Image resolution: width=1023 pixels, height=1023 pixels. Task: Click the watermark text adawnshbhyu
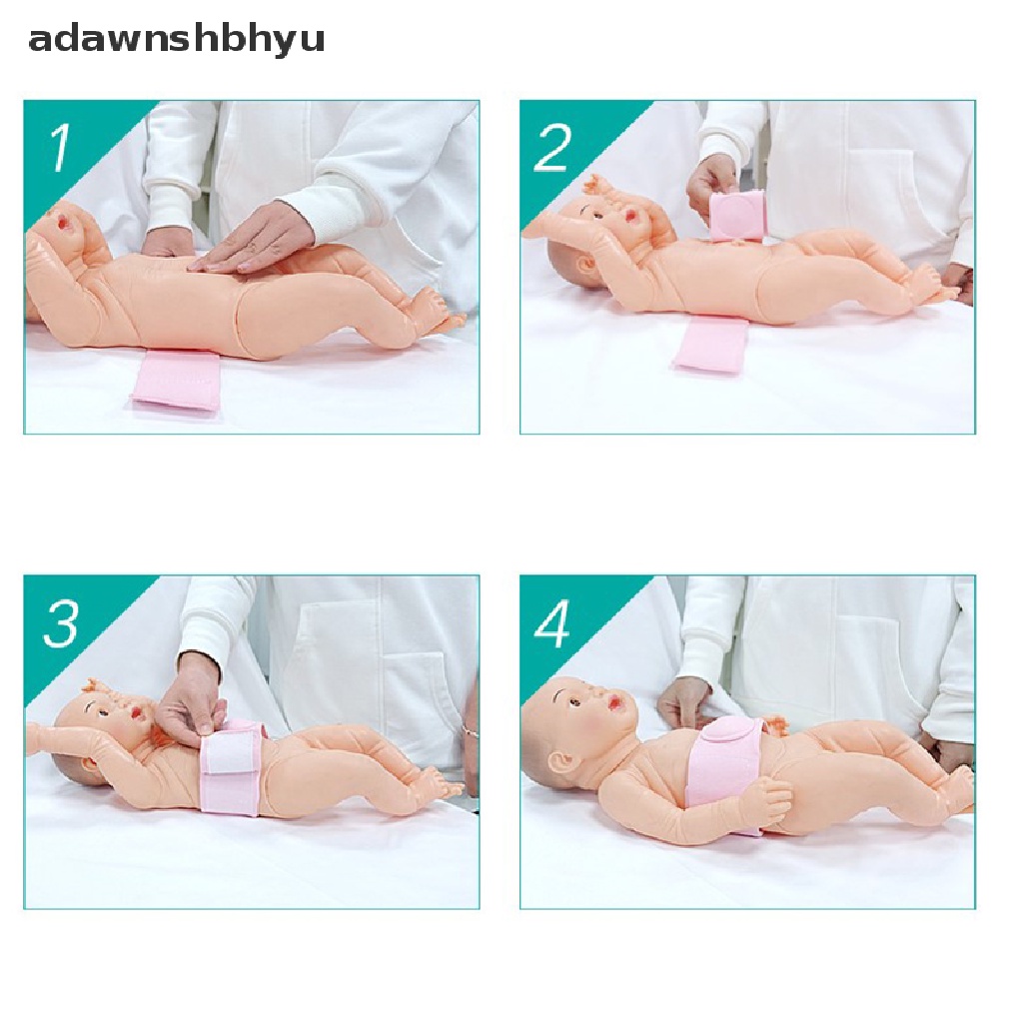coord(176,40)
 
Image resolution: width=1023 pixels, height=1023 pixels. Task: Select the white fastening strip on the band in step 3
coord(232,754)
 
